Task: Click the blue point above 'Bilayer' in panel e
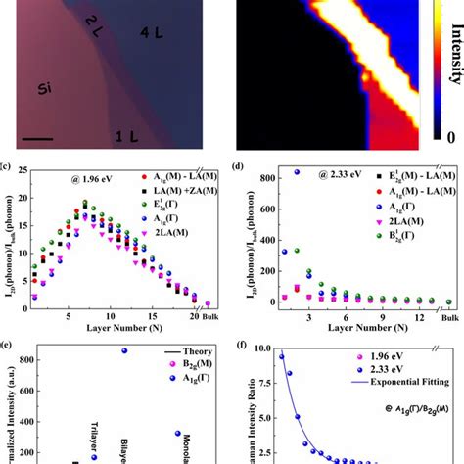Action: coord(123,350)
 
